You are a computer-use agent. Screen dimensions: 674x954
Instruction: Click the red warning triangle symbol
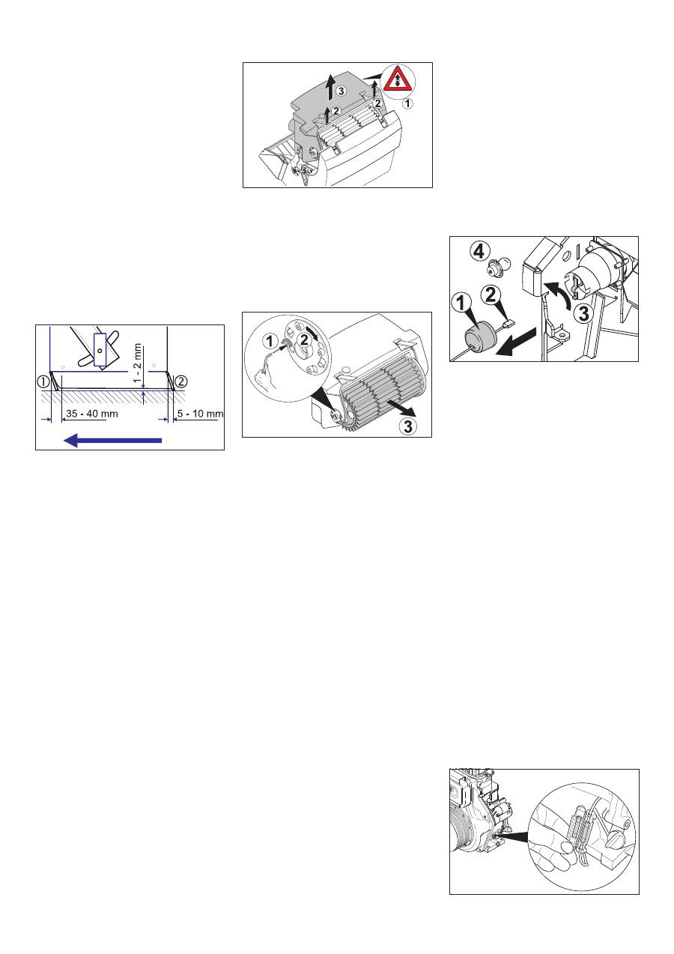pos(397,79)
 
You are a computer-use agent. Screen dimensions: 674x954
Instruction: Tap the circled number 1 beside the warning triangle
pos(407,103)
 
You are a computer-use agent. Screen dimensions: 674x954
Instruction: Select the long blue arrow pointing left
pos(113,440)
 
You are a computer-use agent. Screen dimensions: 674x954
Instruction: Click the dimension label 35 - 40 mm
pos(92,413)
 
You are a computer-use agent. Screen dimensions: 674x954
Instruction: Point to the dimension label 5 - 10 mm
pos(200,413)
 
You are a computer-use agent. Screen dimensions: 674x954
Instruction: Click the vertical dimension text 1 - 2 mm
pos(138,363)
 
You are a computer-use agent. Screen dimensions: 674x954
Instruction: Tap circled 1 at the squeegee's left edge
pos(43,381)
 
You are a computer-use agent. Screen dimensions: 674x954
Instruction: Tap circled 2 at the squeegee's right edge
pos(181,381)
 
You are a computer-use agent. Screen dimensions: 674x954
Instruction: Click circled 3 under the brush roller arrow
pos(407,426)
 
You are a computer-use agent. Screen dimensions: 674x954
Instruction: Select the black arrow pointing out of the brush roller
pos(401,409)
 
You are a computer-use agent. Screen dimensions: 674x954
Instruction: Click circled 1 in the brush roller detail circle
pos(270,341)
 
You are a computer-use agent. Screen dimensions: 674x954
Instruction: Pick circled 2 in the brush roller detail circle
pos(304,340)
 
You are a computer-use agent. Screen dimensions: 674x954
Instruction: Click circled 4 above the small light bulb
pos(479,251)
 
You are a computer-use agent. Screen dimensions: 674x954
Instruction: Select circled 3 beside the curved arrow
pos(584,314)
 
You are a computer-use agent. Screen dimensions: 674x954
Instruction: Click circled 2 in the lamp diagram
pos(491,295)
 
